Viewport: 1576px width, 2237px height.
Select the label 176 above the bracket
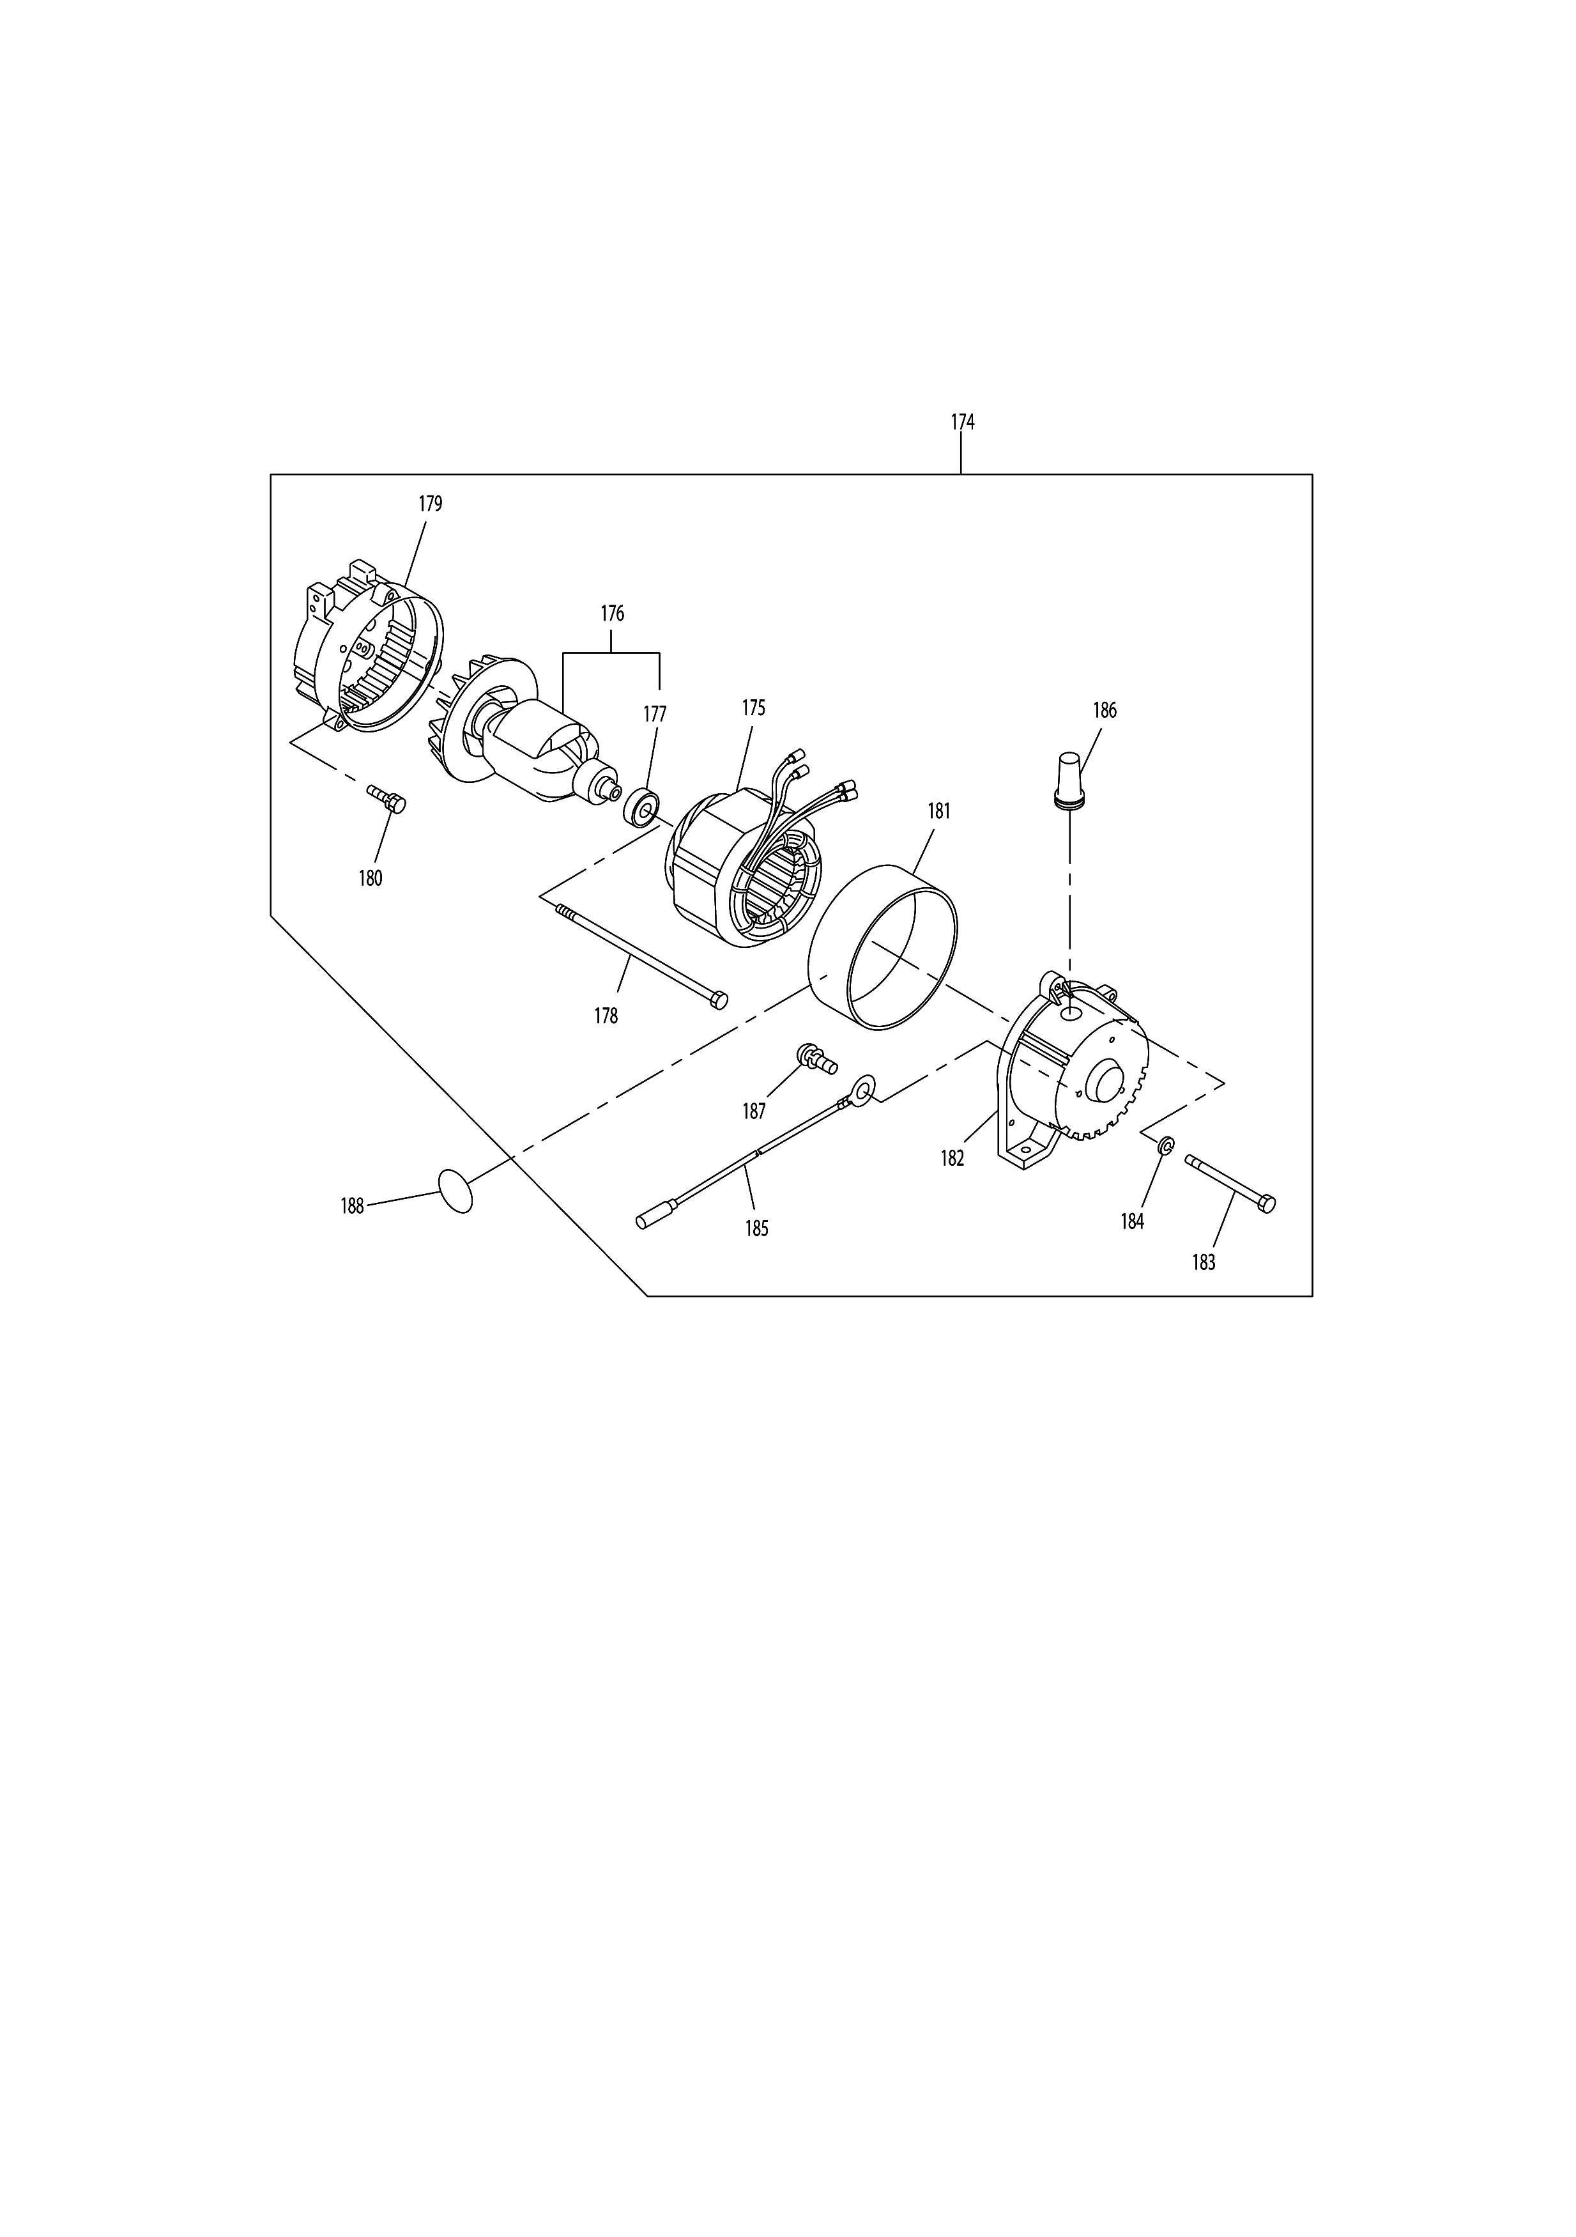coord(612,614)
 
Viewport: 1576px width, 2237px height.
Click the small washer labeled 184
coord(1165,1147)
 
